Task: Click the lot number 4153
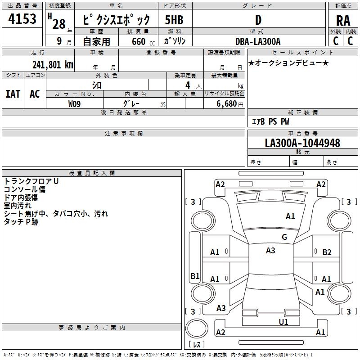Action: point(22,19)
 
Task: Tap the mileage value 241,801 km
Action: point(53,64)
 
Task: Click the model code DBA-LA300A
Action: point(258,41)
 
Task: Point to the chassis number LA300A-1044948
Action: point(302,143)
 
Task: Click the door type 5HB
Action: point(174,20)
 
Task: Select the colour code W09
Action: point(75,103)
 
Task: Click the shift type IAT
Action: point(13,94)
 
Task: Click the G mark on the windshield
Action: point(284,237)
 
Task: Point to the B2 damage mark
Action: point(327,252)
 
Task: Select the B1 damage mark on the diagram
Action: point(195,276)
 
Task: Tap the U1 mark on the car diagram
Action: point(283,322)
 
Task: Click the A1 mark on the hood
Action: point(290,216)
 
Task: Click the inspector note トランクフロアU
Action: point(31,181)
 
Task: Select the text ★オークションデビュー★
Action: point(288,63)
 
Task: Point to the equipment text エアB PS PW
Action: point(270,121)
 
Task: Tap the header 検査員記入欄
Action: point(92,173)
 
